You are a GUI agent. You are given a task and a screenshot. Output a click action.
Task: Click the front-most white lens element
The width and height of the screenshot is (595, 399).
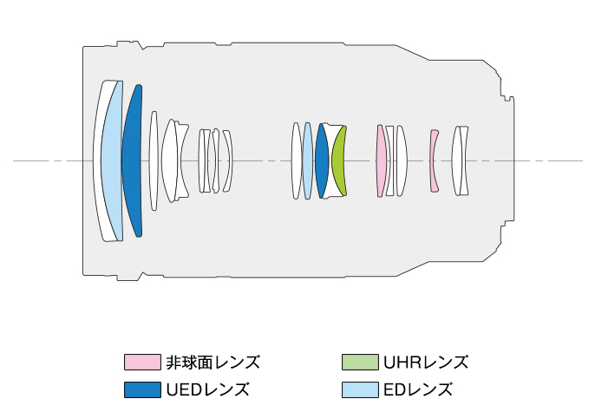(x=98, y=160)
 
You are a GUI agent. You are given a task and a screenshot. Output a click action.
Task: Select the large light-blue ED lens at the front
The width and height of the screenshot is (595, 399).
(x=112, y=160)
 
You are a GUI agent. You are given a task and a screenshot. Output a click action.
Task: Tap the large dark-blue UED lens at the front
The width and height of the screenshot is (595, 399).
(x=131, y=160)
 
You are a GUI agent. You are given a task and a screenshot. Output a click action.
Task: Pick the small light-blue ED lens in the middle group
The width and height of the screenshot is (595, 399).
(x=307, y=160)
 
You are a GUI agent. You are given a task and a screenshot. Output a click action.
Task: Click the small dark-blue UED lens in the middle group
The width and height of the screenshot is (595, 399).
(x=321, y=160)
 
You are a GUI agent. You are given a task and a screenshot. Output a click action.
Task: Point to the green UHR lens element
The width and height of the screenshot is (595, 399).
(x=339, y=160)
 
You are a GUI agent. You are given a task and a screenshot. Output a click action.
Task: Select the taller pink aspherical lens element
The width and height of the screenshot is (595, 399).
(x=380, y=160)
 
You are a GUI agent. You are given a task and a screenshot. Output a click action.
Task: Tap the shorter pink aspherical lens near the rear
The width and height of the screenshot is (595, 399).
(x=434, y=160)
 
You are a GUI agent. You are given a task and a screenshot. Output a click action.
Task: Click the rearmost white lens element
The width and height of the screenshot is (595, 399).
(x=462, y=160)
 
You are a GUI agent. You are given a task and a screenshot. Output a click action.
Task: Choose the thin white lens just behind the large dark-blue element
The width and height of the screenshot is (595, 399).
(x=153, y=160)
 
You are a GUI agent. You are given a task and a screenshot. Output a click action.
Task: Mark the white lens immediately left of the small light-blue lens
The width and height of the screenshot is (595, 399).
(x=297, y=160)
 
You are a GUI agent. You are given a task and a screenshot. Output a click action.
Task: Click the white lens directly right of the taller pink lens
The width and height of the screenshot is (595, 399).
(x=389, y=160)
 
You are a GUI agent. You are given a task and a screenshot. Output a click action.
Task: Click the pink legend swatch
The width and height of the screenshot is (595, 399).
(x=142, y=362)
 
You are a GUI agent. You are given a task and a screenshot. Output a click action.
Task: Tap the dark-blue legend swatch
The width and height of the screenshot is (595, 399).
(x=142, y=389)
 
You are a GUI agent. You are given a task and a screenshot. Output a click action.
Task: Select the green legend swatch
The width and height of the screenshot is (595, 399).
(x=361, y=362)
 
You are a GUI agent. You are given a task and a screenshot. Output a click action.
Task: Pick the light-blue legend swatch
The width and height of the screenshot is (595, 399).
(x=361, y=389)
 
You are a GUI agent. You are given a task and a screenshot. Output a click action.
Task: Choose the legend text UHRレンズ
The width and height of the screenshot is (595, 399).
(x=425, y=362)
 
